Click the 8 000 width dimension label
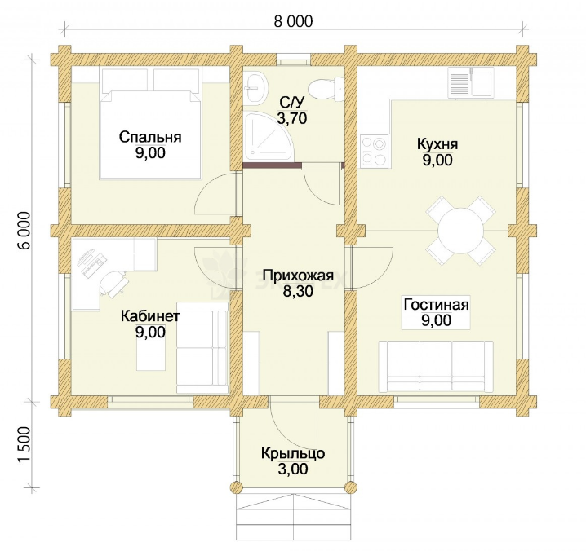(x=293, y=22)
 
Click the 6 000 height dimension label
(x=24, y=231)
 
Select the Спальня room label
(x=150, y=137)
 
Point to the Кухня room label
(x=437, y=144)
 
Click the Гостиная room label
(x=436, y=304)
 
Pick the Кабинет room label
(x=150, y=315)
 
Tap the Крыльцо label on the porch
(x=293, y=453)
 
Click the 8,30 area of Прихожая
(x=298, y=291)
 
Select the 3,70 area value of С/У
(x=292, y=118)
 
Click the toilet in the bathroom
(x=326, y=88)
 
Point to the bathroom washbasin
(x=256, y=87)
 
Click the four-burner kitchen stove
(x=375, y=151)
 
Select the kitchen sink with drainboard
(x=470, y=83)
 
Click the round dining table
(x=460, y=231)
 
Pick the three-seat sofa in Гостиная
(x=436, y=366)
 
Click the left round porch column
(x=236, y=487)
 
